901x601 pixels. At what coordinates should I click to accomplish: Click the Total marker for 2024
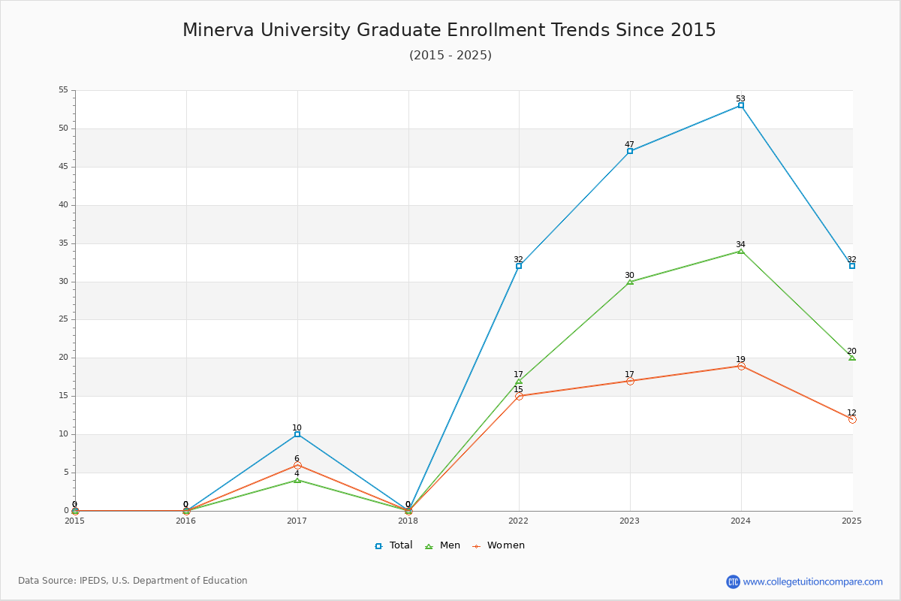(x=741, y=105)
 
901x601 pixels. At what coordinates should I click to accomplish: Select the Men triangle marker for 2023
(x=630, y=282)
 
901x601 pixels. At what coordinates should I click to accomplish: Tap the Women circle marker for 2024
(x=741, y=366)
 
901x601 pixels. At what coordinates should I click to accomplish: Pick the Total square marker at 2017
(x=297, y=434)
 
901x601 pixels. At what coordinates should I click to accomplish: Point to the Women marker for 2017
(x=297, y=465)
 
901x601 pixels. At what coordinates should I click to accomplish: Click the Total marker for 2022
(x=519, y=266)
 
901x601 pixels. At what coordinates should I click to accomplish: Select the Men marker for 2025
(x=852, y=358)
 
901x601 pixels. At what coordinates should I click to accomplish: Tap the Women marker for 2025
(x=852, y=419)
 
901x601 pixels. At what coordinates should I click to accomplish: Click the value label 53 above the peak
(x=740, y=98)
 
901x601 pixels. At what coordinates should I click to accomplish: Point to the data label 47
(x=629, y=144)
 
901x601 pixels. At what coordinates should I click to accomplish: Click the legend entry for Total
(x=393, y=545)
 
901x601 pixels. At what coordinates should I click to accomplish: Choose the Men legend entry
(x=442, y=545)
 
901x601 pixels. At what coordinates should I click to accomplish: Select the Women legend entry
(x=499, y=545)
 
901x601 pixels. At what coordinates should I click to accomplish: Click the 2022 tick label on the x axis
(x=519, y=521)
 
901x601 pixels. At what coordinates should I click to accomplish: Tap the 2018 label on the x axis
(x=408, y=521)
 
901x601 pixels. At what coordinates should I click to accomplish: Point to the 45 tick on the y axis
(x=64, y=166)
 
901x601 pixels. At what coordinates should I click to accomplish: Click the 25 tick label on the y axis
(x=64, y=319)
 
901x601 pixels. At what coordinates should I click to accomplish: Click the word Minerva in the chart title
(x=218, y=30)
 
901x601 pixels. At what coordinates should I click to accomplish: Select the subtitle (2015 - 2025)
(x=450, y=55)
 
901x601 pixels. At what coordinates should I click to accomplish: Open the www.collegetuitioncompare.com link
(x=812, y=581)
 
